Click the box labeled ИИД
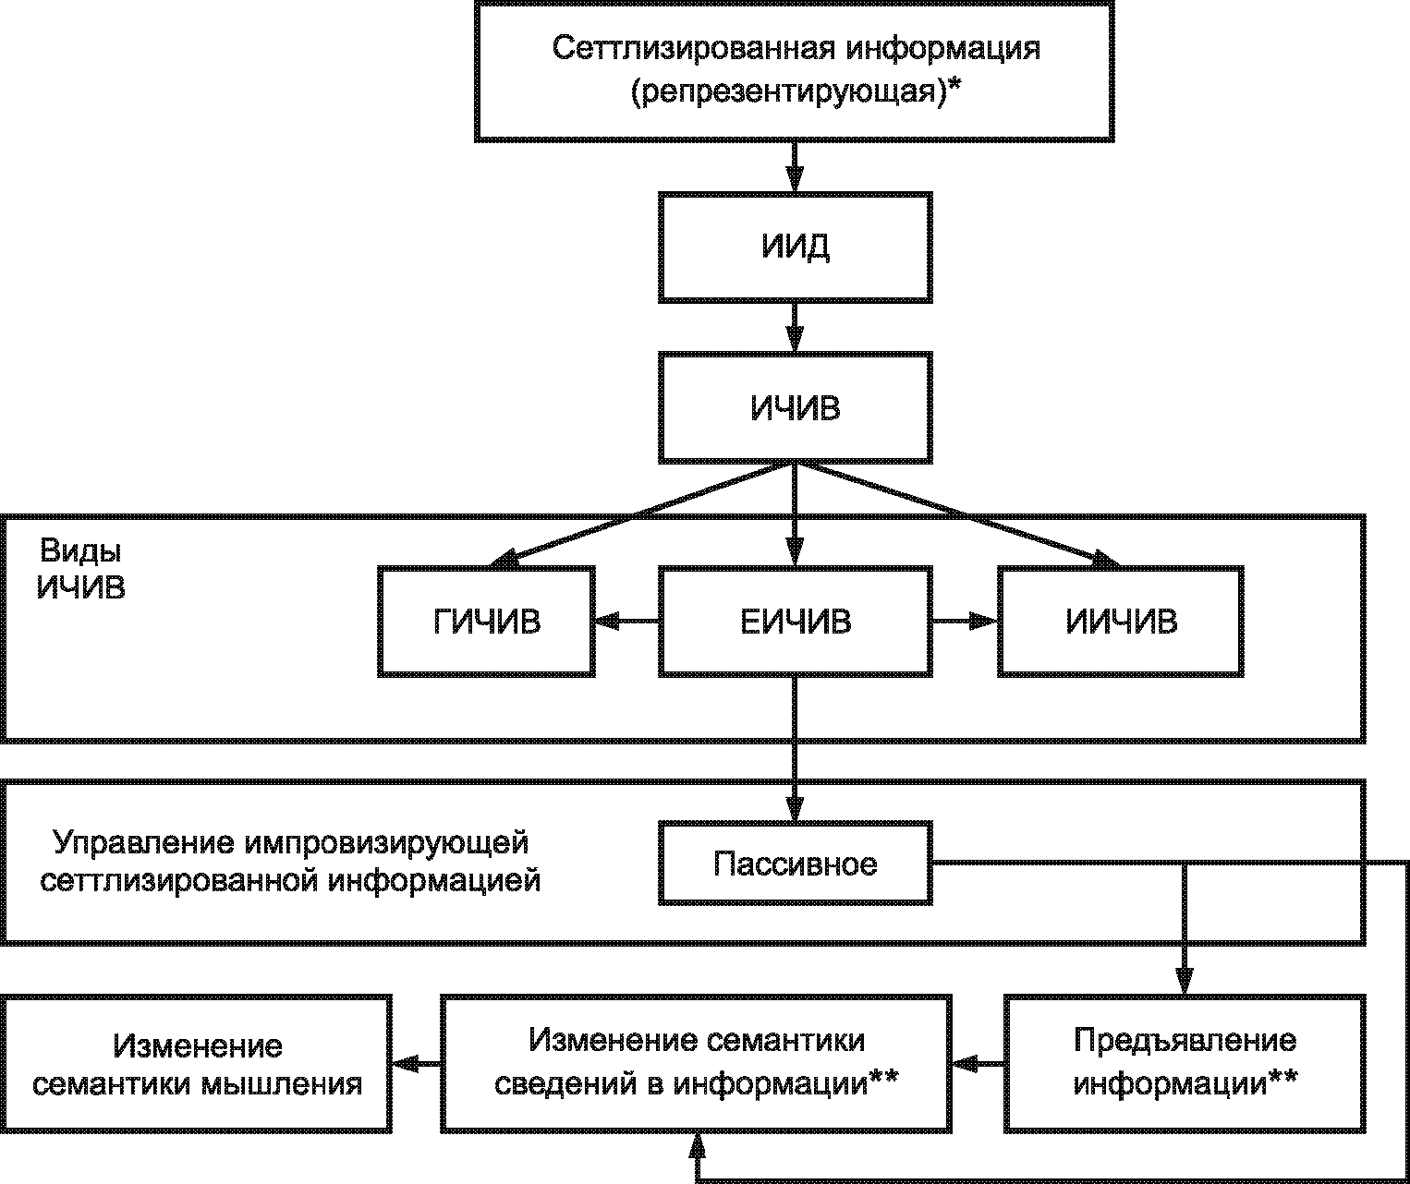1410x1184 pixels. pyautogui.click(x=795, y=248)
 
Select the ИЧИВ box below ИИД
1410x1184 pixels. pyautogui.click(x=795, y=407)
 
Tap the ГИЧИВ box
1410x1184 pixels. pyautogui.click(x=486, y=622)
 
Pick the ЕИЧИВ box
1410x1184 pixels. pyautogui.click(x=795, y=622)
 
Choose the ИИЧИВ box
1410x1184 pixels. pyautogui.click(x=1121, y=622)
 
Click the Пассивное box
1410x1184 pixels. pyautogui.click(x=795, y=864)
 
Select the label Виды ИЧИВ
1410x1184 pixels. pyautogui.click(x=80, y=569)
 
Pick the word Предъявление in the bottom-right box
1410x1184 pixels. pyautogui.click(x=1185, y=1041)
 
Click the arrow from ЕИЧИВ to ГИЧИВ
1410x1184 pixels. pyautogui.click(x=626, y=622)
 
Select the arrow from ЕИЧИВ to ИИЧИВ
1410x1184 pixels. pyautogui.click(x=965, y=622)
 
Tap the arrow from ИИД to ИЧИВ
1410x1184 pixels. pyautogui.click(x=795, y=327)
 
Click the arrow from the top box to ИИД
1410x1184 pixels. pyautogui.click(x=795, y=166)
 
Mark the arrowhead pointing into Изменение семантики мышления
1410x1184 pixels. pyautogui.click(x=404, y=1065)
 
